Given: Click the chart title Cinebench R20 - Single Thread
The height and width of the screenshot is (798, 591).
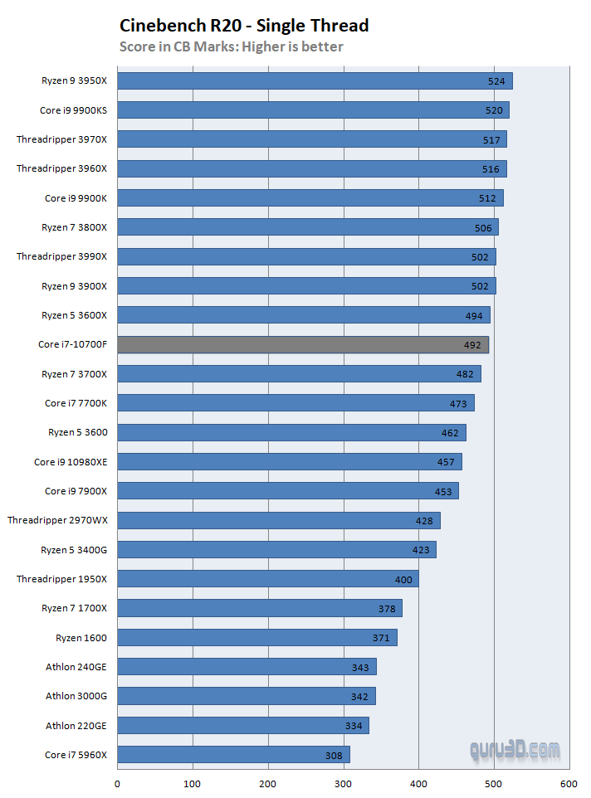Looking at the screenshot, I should tap(244, 26).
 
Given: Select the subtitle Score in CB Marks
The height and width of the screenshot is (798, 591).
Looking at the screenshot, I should tap(231, 46).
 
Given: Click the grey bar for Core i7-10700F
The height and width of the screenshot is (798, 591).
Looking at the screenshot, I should tap(302, 344).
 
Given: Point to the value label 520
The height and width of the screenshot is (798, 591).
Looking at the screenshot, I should tap(493, 110).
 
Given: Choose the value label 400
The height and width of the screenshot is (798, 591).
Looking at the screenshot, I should tap(403, 579).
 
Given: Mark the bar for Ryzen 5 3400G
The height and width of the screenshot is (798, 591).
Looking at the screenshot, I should tap(276, 550).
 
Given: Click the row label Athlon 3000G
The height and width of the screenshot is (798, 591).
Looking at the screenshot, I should tap(76, 696).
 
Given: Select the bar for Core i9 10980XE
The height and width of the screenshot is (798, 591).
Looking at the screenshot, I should tap(289, 462).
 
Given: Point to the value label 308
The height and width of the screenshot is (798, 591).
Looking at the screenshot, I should tap(335, 755).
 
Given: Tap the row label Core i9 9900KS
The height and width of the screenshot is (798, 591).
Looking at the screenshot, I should tap(71, 110).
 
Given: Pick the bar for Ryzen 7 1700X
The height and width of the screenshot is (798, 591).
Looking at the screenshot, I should tap(259, 608).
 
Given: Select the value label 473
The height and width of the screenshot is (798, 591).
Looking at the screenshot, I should tap(459, 404).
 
